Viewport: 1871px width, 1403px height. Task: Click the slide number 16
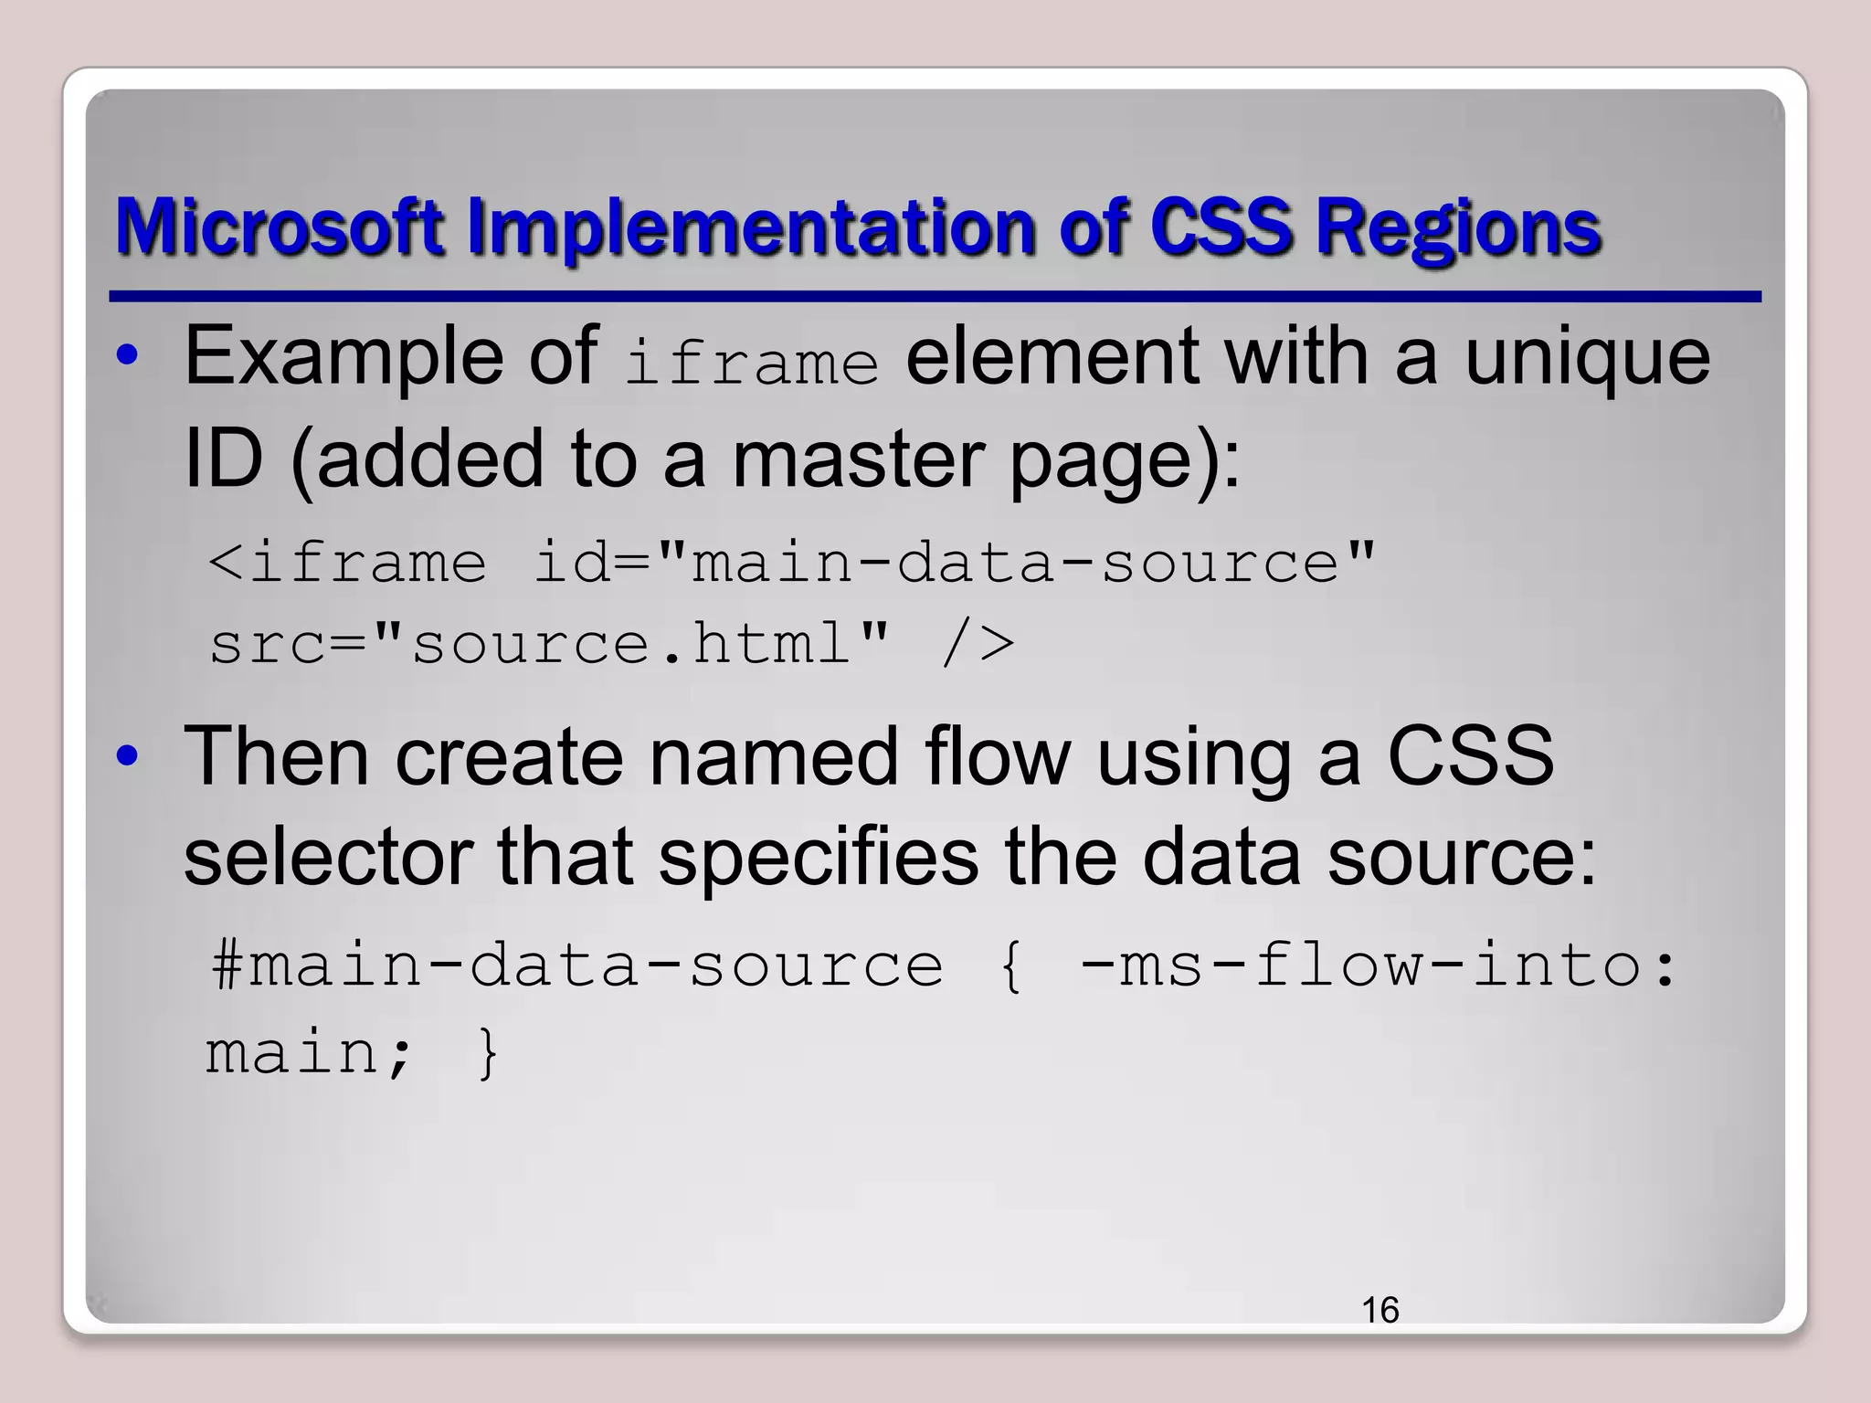(1379, 1310)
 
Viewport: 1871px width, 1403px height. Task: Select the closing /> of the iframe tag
(978, 643)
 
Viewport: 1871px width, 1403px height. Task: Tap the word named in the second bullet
(773, 755)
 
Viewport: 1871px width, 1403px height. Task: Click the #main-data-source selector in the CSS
(576, 966)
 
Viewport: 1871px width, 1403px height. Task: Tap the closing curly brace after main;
(489, 1053)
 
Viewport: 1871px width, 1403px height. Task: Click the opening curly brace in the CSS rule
(1010, 966)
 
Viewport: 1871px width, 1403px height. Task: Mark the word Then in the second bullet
(276, 755)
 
